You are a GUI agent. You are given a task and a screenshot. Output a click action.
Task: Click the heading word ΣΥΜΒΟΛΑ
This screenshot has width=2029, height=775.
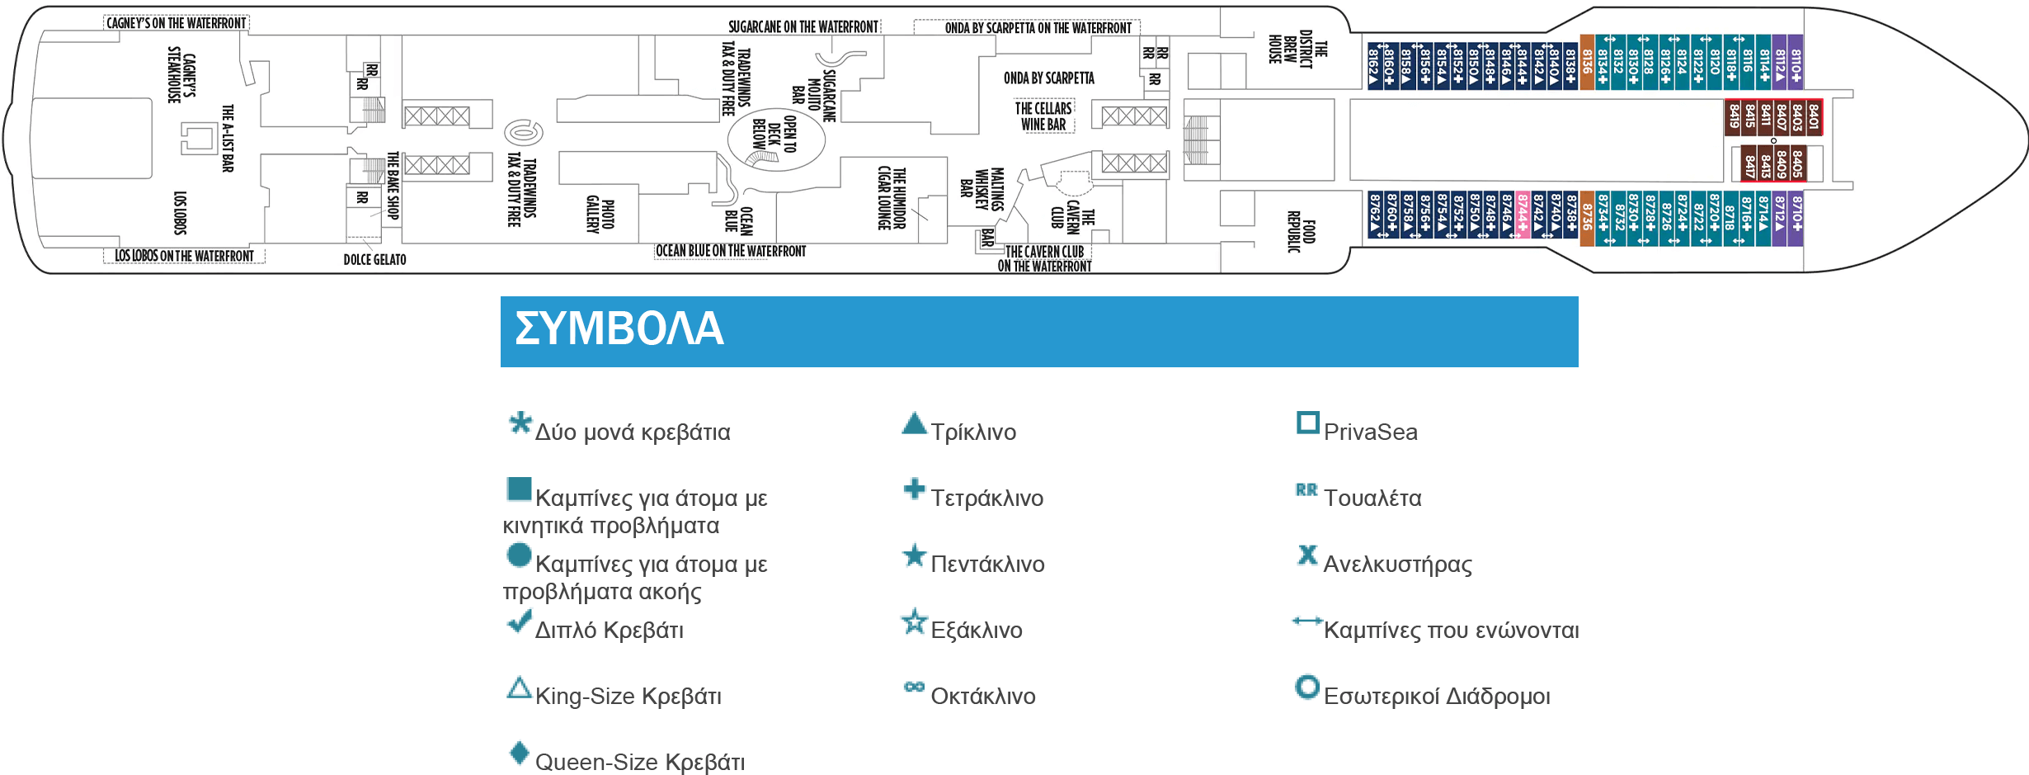coord(619,328)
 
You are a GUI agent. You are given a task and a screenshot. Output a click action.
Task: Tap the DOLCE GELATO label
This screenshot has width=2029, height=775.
coord(374,259)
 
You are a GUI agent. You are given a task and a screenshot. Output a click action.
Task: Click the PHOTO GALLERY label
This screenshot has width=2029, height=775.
coord(600,215)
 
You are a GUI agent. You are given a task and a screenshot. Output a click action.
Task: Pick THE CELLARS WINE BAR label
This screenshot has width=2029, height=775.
coord(1043,116)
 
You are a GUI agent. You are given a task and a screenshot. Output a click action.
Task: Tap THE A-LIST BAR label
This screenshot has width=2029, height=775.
coord(228,138)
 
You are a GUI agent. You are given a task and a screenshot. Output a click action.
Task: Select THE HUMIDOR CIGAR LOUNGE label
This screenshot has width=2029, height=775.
coord(892,198)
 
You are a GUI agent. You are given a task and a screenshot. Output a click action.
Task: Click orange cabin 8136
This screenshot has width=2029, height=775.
coord(1586,61)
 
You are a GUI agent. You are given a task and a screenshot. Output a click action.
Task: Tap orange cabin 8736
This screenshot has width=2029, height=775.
coord(1586,219)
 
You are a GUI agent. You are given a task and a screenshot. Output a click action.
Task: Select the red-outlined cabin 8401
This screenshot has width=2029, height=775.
coord(1813,117)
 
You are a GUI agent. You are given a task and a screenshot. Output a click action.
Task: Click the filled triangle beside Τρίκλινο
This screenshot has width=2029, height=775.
coord(914,423)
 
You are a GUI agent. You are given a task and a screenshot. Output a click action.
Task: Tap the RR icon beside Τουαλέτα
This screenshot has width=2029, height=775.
coord(1306,490)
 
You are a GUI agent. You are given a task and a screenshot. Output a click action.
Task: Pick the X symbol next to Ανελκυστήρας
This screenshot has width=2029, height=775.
coord(1307,555)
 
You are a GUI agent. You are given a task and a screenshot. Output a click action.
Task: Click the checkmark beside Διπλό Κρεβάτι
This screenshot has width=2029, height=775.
coord(519,621)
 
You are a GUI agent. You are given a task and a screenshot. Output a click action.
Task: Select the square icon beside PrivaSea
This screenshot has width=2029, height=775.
coord(1308,423)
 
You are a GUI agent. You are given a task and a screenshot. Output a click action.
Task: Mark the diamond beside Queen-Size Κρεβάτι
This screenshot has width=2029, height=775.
coord(519,753)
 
